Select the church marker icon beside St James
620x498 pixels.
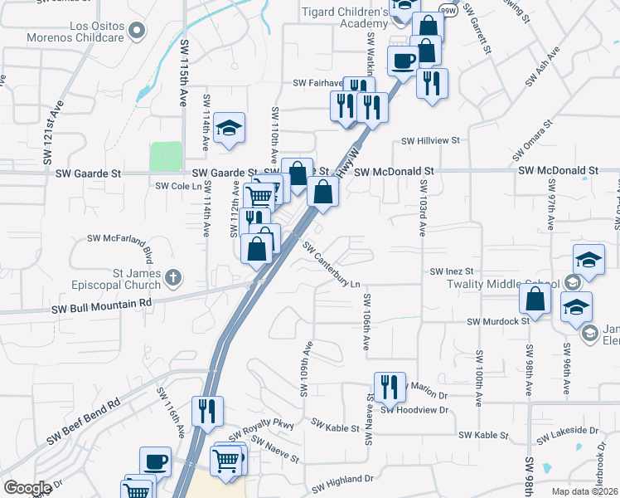[172, 276]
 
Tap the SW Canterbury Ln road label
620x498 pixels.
[332, 266]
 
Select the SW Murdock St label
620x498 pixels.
[497, 321]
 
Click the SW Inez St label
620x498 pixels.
[451, 271]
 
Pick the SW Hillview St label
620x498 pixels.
[430, 141]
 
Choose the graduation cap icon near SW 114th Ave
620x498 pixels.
[229, 128]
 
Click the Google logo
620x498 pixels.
[27, 488]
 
